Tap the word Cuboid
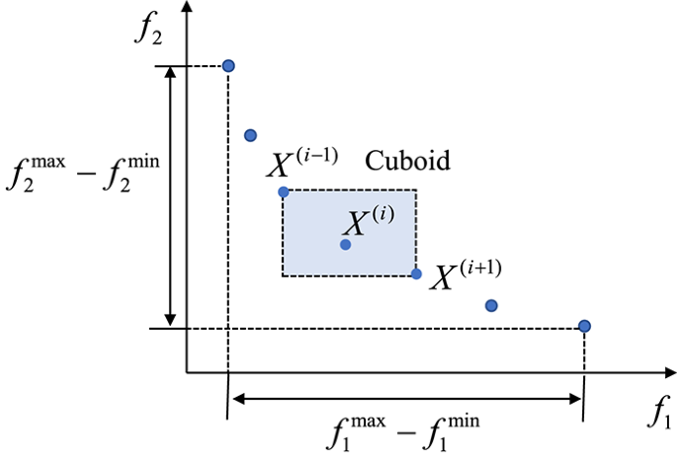click(408, 160)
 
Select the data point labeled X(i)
click(345, 244)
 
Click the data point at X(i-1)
click(284, 192)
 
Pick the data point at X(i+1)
click(416, 273)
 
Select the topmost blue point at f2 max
click(228, 66)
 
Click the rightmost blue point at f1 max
click(584, 326)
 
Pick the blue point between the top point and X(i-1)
click(250, 134)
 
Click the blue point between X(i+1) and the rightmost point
click(491, 305)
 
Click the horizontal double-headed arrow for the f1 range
click(406, 399)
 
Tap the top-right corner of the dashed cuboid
click(416, 191)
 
